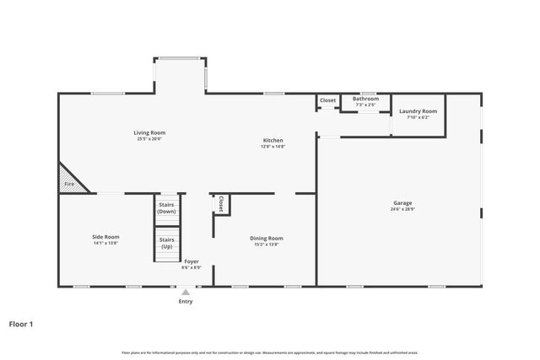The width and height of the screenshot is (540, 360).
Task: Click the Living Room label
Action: (x=149, y=132)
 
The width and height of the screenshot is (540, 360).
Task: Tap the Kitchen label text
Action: (x=273, y=140)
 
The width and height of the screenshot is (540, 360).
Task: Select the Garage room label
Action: (x=402, y=202)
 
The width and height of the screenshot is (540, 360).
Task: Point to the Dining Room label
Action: (x=266, y=238)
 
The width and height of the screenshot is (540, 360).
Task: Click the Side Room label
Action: (x=105, y=237)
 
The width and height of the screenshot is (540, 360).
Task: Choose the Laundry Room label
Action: (x=418, y=111)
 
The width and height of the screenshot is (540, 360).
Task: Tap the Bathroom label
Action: (x=365, y=99)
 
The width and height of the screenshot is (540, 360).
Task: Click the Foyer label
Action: (x=192, y=261)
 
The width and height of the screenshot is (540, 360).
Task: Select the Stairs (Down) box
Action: (x=166, y=207)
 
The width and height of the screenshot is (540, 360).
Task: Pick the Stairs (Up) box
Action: (x=166, y=243)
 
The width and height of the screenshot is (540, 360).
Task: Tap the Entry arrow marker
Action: (x=186, y=293)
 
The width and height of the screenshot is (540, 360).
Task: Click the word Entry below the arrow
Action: (x=186, y=302)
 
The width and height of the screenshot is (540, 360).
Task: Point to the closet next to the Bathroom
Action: (x=327, y=101)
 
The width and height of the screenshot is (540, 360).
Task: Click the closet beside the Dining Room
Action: (x=221, y=204)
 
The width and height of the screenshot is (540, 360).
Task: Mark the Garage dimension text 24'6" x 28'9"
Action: (x=402, y=209)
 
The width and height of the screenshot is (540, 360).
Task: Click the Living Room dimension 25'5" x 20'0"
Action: (x=149, y=139)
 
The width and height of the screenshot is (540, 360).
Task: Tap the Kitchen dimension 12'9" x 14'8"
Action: (x=273, y=147)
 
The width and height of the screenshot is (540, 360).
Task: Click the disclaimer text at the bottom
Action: (x=270, y=352)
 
